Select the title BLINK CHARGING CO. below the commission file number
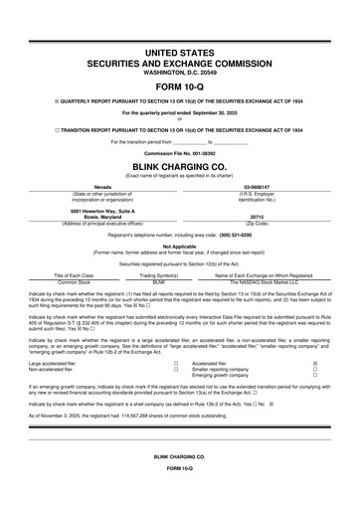[x=179, y=167]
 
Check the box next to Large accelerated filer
[x=174, y=365]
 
